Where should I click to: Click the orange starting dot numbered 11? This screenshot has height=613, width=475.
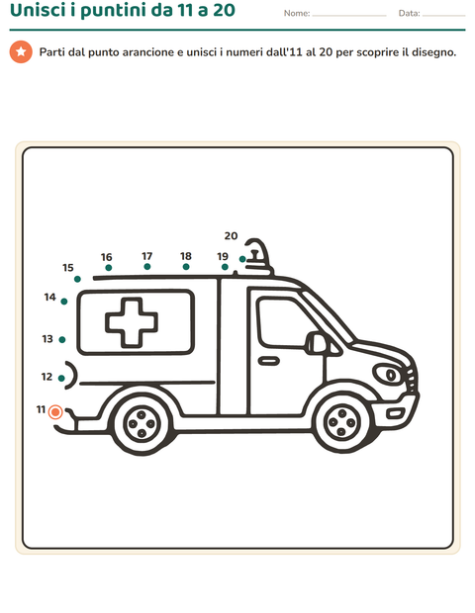[55, 411]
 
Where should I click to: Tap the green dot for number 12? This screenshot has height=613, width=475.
[61, 378]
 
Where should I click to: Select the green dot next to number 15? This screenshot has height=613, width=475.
[77, 279]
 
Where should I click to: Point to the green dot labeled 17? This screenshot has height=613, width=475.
[147, 266]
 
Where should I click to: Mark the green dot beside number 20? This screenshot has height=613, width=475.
[242, 259]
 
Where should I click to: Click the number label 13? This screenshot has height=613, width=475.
[47, 338]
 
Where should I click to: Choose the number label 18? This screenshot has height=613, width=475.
[186, 256]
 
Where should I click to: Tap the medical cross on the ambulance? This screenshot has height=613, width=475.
[132, 322]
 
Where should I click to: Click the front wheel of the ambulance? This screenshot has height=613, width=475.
[342, 422]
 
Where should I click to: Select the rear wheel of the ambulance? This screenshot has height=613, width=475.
[142, 424]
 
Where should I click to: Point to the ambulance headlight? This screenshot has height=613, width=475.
[388, 374]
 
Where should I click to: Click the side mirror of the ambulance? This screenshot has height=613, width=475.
[317, 343]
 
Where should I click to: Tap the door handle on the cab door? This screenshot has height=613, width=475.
[268, 361]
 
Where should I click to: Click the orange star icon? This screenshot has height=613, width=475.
[21, 51]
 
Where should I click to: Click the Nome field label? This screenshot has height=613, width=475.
[297, 13]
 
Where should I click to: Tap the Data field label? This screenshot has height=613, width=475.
[409, 13]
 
